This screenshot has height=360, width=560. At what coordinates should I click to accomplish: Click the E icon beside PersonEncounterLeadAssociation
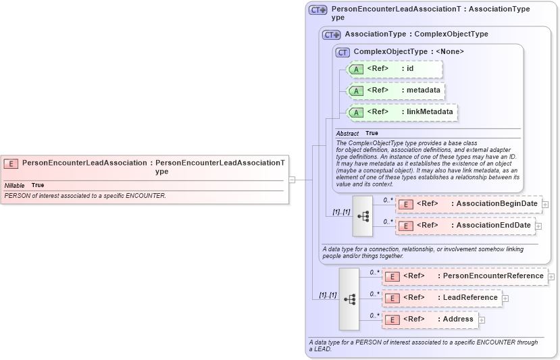[11, 163]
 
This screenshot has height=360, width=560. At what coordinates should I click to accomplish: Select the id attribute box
[394, 69]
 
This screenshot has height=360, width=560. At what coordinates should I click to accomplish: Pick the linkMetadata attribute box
[402, 112]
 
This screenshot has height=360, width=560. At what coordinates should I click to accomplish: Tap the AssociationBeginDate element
[468, 204]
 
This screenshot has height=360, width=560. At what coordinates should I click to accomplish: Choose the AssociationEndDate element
[468, 226]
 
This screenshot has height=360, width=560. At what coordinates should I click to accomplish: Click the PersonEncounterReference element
[465, 276]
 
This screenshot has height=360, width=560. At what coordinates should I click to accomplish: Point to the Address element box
[430, 319]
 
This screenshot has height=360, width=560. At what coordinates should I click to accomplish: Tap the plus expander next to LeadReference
[505, 298]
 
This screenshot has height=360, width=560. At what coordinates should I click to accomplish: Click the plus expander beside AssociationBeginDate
[545, 204]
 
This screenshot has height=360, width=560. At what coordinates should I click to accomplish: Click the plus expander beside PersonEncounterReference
[551, 276]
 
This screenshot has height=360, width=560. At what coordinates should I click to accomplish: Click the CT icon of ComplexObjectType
[342, 52]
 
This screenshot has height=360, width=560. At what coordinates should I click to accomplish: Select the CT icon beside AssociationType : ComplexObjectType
[331, 34]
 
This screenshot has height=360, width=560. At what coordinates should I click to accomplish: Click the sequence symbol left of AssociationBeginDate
[363, 215]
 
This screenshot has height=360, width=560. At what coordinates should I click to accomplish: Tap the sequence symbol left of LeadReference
[349, 299]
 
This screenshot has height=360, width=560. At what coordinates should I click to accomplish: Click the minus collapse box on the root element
[292, 180]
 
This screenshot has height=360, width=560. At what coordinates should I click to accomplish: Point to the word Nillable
[15, 185]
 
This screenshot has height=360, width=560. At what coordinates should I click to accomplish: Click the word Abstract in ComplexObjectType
[347, 134]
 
